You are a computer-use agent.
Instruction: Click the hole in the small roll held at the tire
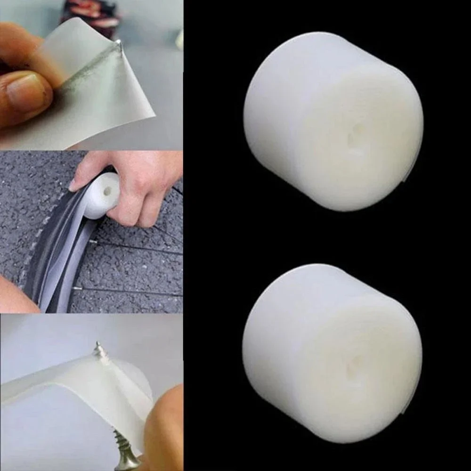point(108,191)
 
